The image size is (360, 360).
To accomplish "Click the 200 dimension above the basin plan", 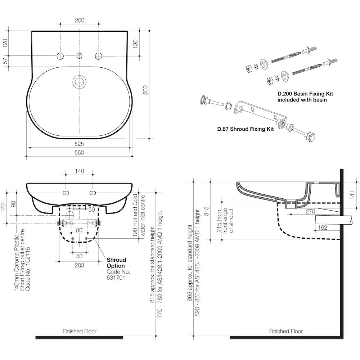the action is click(80, 21).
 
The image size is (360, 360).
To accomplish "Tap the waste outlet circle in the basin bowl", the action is click(80, 81).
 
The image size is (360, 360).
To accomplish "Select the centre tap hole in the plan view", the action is click(80, 55).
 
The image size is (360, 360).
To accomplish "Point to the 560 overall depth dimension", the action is click(145, 90).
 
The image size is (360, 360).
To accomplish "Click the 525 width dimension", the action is click(79, 144).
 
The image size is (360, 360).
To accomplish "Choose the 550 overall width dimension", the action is click(79, 153).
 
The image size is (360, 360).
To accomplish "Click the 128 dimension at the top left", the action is click(5, 43).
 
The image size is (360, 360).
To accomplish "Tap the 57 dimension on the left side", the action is click(5, 61).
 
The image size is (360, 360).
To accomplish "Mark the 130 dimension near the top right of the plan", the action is click(135, 44).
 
